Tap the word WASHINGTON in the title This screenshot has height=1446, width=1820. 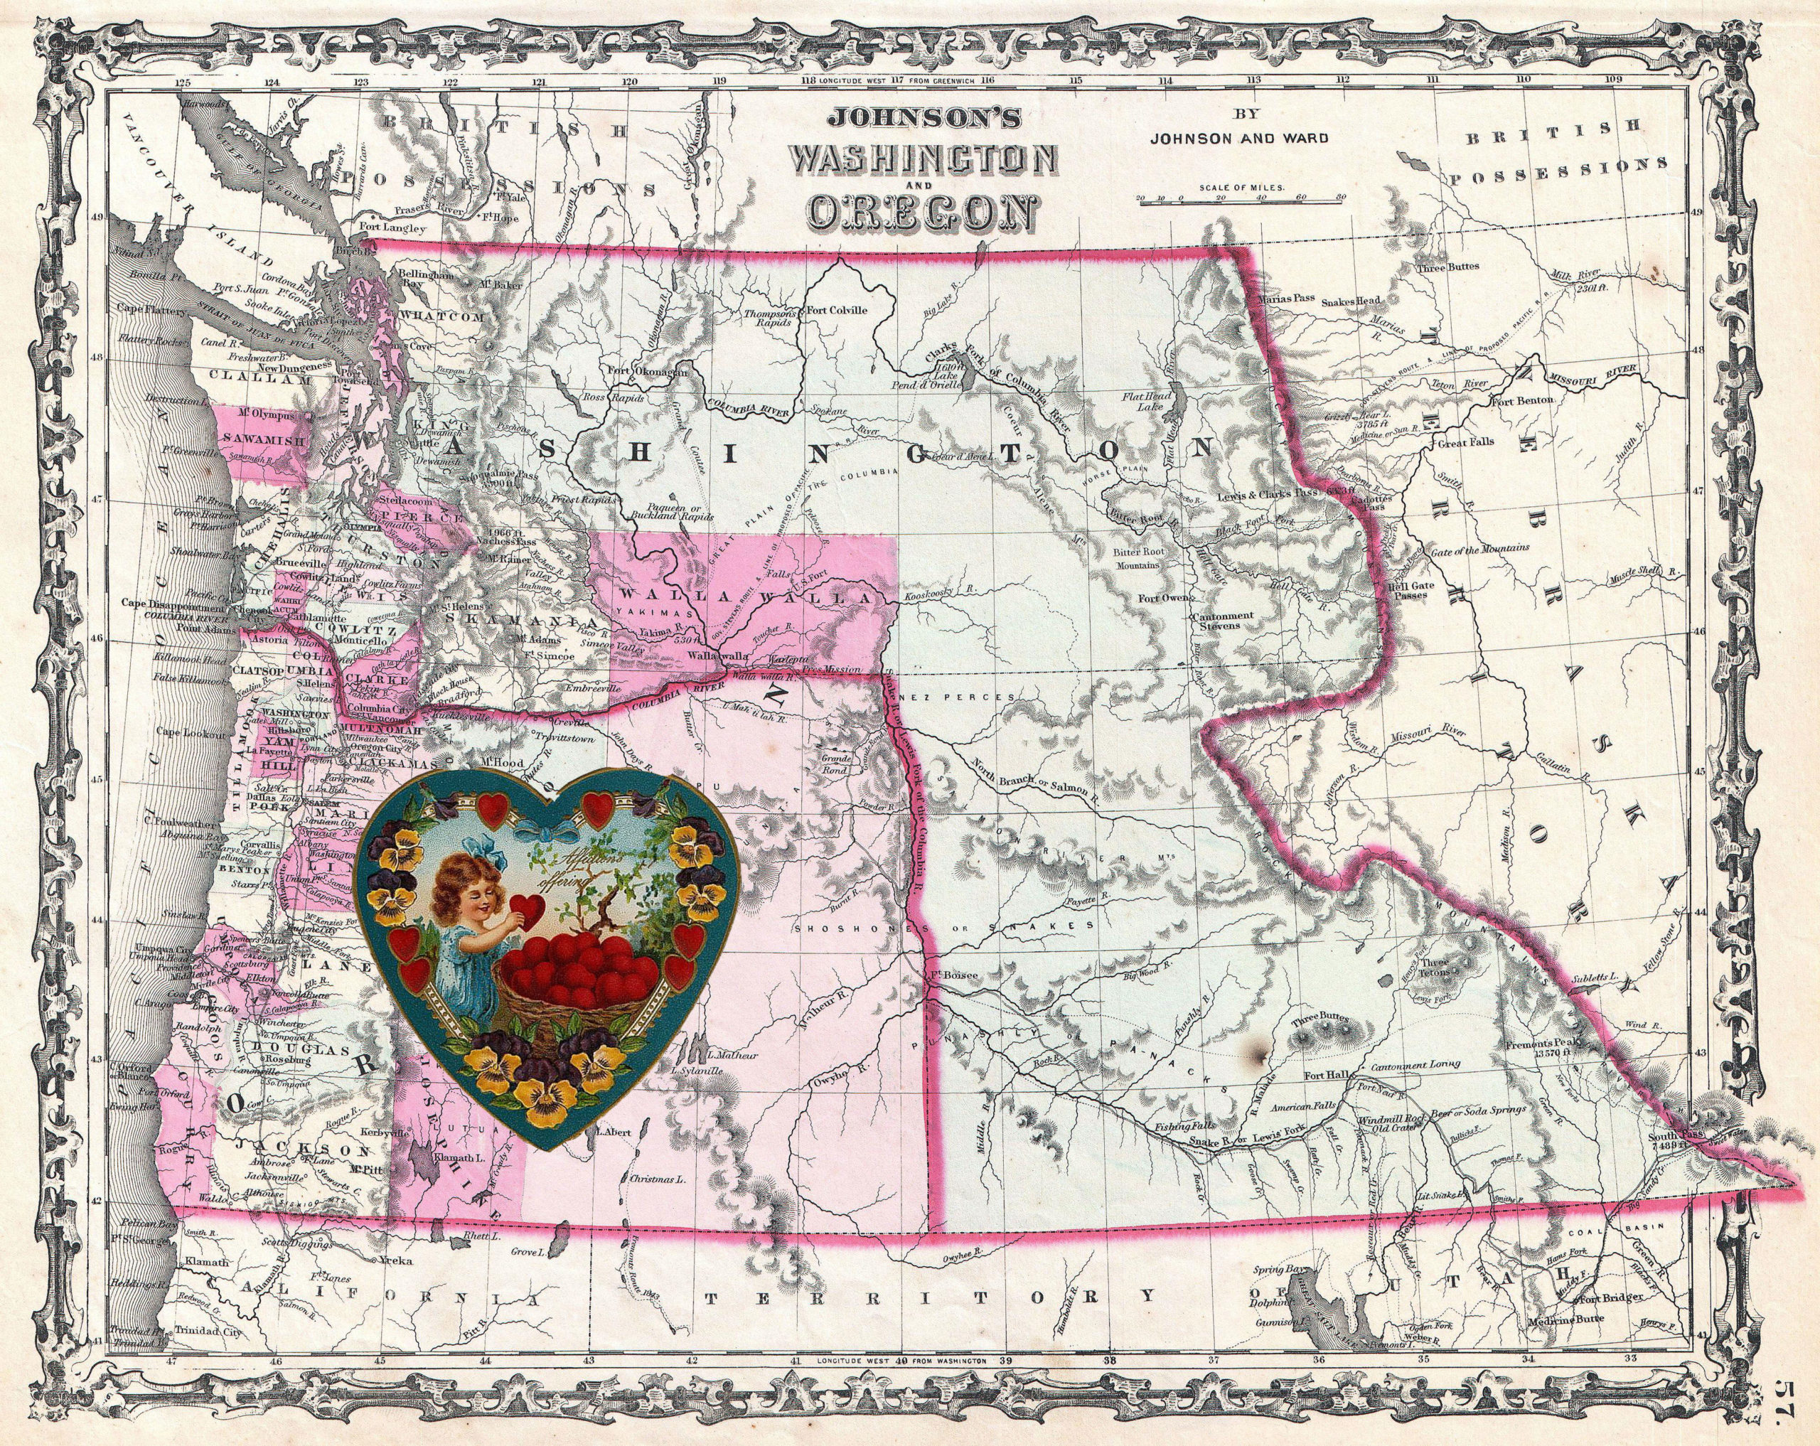[x=921, y=158]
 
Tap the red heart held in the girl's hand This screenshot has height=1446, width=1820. [x=531, y=909]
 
